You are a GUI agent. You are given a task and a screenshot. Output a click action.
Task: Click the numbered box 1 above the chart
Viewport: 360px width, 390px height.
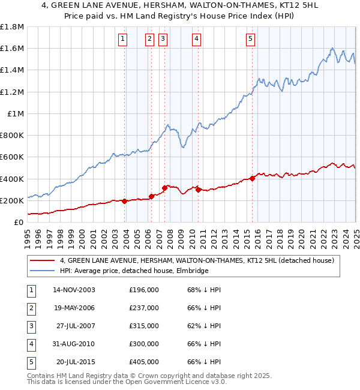[123, 40]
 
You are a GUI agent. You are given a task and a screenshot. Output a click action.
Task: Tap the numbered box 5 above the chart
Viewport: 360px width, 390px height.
[250, 40]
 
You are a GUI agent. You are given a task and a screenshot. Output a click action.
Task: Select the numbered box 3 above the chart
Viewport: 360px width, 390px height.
[163, 40]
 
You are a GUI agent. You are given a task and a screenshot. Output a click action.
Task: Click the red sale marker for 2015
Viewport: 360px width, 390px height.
[253, 178]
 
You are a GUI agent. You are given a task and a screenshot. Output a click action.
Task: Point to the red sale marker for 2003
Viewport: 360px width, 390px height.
[124, 201]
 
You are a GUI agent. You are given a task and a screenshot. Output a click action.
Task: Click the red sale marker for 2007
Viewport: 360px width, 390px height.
[164, 188]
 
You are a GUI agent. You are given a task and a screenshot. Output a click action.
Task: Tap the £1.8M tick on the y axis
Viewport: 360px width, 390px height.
[12, 27]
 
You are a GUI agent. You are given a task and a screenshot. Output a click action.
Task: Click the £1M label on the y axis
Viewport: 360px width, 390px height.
[15, 114]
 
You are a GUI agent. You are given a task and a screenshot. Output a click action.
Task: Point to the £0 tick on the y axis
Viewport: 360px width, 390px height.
[18, 223]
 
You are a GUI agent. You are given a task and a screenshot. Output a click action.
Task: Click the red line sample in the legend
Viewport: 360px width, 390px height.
[43, 260]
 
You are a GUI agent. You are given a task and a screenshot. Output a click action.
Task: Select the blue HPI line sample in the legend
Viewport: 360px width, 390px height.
[43, 271]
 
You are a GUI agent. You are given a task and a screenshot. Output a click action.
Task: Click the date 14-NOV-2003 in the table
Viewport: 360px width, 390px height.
[74, 290]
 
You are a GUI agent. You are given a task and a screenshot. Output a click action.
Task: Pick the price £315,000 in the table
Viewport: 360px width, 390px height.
[144, 326]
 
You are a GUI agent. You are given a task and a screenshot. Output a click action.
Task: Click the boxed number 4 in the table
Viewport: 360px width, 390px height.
[30, 344]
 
